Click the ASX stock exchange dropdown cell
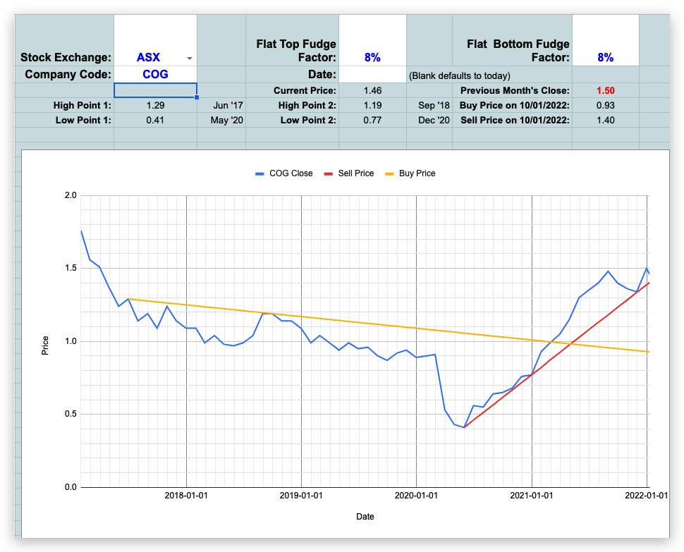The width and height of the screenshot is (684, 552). (154, 57)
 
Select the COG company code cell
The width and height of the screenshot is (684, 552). (154, 74)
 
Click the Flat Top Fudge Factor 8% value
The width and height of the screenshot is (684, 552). (372, 57)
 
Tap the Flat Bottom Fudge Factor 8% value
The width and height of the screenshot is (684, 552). (605, 57)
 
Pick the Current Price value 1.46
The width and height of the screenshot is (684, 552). (372, 90)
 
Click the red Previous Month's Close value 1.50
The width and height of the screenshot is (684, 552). (605, 90)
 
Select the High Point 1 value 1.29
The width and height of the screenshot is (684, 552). (154, 105)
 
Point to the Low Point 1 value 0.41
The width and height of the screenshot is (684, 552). (154, 120)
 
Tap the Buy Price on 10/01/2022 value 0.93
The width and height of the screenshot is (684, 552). (605, 105)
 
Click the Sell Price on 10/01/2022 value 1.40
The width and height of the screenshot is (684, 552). (605, 120)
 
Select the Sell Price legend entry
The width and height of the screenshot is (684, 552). (348, 173)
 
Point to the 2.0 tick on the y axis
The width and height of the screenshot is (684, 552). (71, 195)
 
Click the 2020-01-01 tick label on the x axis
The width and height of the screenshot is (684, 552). (417, 496)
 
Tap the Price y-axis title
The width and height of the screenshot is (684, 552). (46, 345)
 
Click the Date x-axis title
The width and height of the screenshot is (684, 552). (365, 517)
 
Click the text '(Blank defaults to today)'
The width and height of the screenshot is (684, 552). (459, 75)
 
